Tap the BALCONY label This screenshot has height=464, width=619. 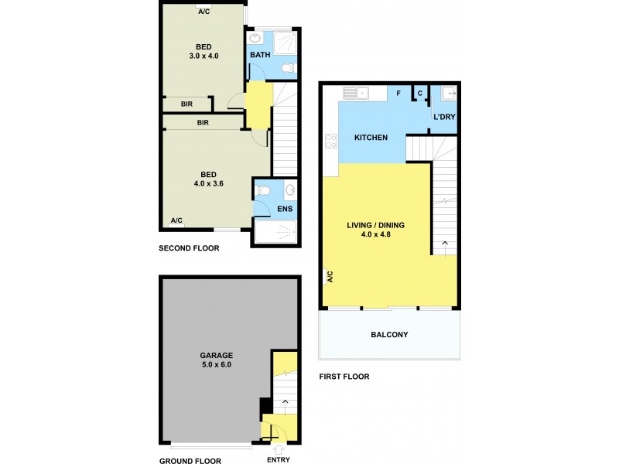[x=389, y=335]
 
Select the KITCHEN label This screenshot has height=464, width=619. [x=371, y=138]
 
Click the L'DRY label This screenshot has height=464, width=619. [x=444, y=117]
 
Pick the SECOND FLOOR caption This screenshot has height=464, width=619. [x=189, y=249]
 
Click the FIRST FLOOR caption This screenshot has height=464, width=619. [x=344, y=377]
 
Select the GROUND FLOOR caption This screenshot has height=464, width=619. [x=191, y=461]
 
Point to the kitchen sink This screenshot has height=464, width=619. [x=355, y=94]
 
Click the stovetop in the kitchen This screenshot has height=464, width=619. [x=332, y=141]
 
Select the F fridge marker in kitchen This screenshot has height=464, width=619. [x=398, y=94]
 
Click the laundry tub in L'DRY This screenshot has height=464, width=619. [x=448, y=94]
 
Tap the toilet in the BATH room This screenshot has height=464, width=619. [x=289, y=70]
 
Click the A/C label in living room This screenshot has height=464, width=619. [x=329, y=276]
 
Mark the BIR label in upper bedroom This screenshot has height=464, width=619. [x=186, y=104]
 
